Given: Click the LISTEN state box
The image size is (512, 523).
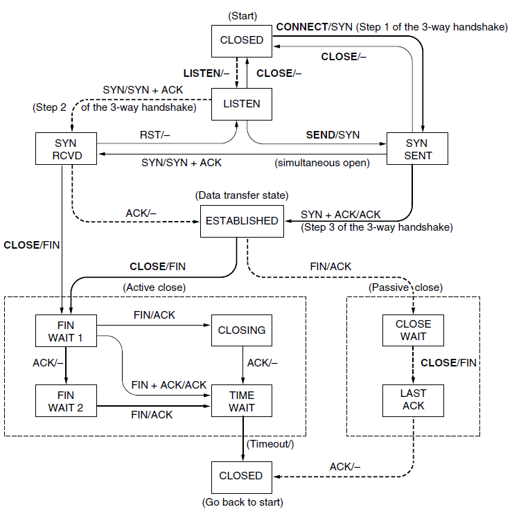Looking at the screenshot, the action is point(242,104).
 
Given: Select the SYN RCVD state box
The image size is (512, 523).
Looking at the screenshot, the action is point(66,148).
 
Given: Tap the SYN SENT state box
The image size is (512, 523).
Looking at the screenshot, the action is point(417,148).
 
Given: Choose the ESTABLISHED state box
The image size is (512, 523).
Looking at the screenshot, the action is point(242,221).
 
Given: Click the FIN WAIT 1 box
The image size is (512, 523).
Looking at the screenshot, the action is point(66,330).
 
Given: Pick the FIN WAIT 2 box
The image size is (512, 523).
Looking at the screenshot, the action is point(66,400).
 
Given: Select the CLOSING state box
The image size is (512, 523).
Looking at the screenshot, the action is point(242,330).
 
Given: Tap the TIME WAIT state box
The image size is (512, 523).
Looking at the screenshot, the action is point(242,400).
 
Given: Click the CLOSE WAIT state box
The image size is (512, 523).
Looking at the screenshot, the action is point(413,330).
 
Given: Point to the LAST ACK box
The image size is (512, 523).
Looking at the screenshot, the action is point(413,400).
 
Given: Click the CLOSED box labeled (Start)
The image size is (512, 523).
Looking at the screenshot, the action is point(242,41).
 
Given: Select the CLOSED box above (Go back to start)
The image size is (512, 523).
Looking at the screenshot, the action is point(242,477).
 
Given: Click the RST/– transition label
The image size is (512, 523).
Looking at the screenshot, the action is point(155,135).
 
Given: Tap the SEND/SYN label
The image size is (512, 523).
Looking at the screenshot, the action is point(333,135).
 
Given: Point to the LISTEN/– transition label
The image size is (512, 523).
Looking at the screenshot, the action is point(206,73).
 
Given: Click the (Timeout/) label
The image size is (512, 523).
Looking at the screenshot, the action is point(270,444).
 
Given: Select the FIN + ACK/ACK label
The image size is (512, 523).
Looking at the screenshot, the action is point(169,385).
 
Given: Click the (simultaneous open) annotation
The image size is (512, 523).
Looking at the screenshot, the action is point(322,163).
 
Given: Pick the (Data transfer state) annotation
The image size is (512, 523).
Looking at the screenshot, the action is point(242,195).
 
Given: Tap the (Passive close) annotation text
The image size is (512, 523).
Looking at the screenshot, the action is point(405,287).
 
